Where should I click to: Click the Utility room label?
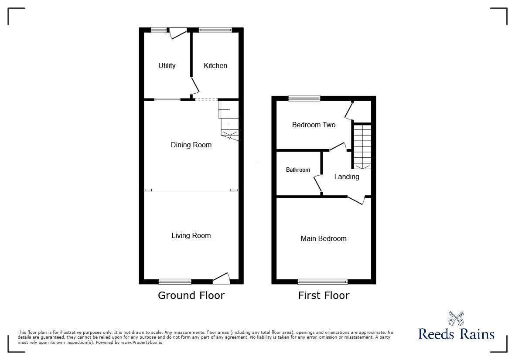[167, 65]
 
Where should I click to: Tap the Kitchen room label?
[215, 65]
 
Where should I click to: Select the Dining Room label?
[191, 145]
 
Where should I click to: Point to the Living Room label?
[191, 235]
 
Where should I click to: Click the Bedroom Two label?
[314, 125]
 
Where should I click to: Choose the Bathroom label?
[298, 170]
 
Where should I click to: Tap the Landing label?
[347, 177]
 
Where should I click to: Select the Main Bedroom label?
[324, 238]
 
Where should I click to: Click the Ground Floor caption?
[191, 295]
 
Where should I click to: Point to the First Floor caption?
[324, 295]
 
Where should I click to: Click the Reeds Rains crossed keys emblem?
[456, 319]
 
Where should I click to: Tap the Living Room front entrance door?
[221, 278]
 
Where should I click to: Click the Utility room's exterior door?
[177, 33]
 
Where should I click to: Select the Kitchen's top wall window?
[215, 30]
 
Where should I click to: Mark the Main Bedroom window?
[323, 281]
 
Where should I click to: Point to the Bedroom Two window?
[304, 98]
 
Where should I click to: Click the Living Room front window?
[175, 281]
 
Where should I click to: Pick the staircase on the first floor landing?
[362, 146]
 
